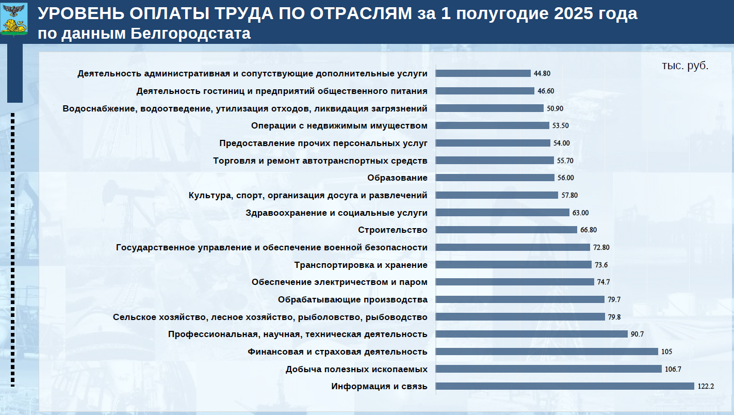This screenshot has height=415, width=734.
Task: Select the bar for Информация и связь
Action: click(564, 386)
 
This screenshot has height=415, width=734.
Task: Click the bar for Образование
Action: click(495, 178)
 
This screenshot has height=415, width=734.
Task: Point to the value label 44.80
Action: click(543, 73)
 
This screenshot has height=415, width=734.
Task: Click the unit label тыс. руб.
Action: click(685, 66)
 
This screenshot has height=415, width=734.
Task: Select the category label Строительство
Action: click(393, 230)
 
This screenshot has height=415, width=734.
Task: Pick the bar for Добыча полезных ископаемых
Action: click(548, 369)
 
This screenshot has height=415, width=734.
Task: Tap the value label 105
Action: click(666, 352)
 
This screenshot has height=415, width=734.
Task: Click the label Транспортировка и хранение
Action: click(361, 265)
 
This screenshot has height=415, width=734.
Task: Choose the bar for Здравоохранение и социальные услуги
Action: click(502, 212)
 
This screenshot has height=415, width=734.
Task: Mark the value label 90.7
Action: click(637, 334)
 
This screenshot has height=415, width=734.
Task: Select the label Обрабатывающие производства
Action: click(352, 299)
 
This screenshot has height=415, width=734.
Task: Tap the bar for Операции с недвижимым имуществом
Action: click(492, 125)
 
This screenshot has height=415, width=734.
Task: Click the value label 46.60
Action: click(546, 91)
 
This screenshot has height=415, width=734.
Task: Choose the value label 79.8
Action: click(614, 317)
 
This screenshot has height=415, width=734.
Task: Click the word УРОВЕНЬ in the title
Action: click(75, 14)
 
